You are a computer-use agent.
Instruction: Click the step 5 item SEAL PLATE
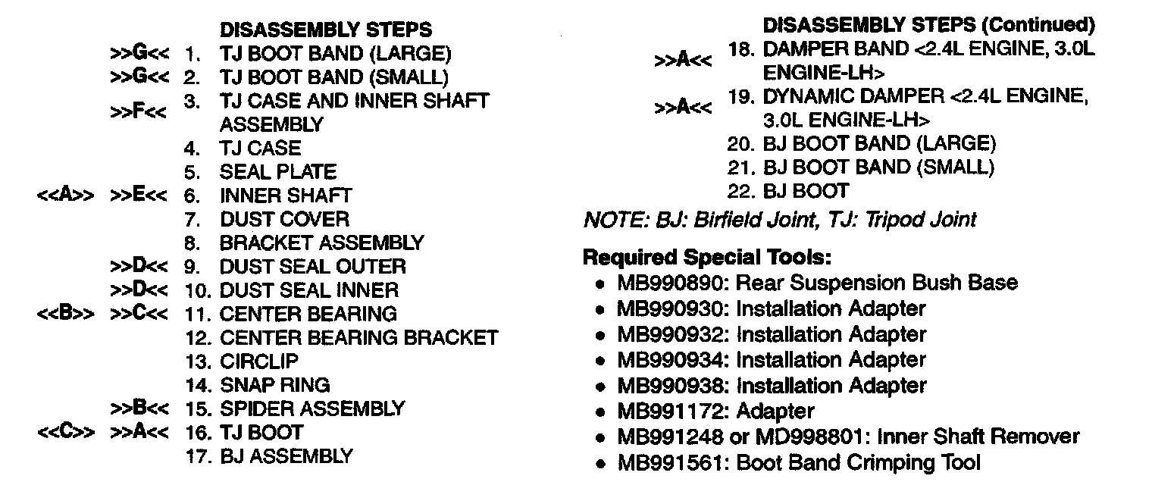point(277,172)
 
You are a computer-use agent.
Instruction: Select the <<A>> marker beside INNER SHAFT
point(65,196)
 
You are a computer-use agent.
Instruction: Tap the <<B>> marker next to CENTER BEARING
point(65,313)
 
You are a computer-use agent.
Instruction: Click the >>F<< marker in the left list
point(139,112)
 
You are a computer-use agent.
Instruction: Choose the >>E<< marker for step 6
point(139,196)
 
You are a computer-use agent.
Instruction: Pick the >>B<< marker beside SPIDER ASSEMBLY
point(139,408)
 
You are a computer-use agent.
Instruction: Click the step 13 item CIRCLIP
point(259,361)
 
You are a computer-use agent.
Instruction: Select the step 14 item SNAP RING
point(274,385)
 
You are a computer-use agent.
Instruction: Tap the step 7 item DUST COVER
point(284,220)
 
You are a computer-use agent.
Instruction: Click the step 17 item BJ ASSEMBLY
point(286,456)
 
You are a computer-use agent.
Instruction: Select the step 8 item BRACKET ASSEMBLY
point(321,243)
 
